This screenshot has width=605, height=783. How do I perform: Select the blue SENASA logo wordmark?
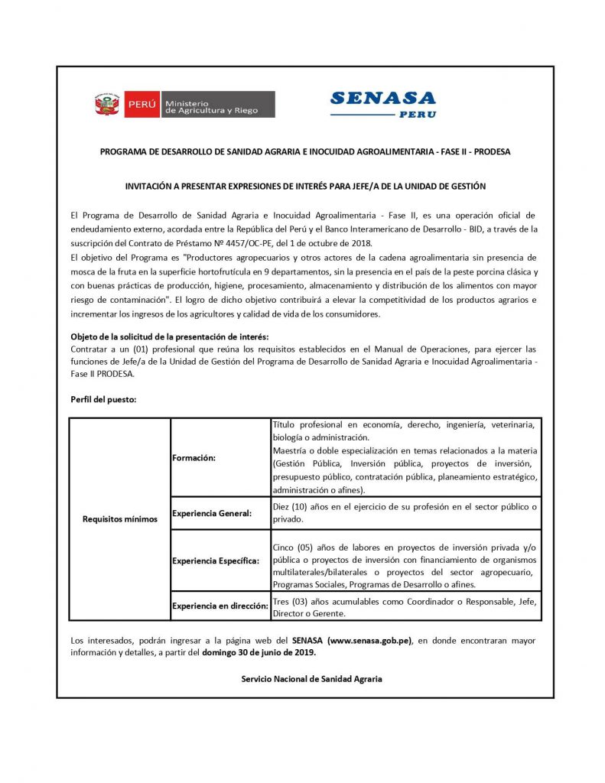pos(382,98)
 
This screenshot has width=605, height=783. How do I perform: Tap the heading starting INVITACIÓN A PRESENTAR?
pos(305,186)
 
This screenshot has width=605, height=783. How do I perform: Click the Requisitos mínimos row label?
pos(119,519)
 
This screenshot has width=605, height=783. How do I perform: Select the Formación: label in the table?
pos(194,457)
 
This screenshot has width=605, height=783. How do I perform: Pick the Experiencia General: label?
pos(212,513)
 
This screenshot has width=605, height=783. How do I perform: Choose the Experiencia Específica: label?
pos(216,560)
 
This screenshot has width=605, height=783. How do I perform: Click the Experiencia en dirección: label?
pos(220,606)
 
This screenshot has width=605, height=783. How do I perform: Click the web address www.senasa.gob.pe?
pos(369,640)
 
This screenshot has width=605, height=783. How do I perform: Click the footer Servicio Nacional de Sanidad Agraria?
pos(311,679)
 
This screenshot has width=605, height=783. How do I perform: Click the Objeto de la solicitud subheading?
pos(170,336)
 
